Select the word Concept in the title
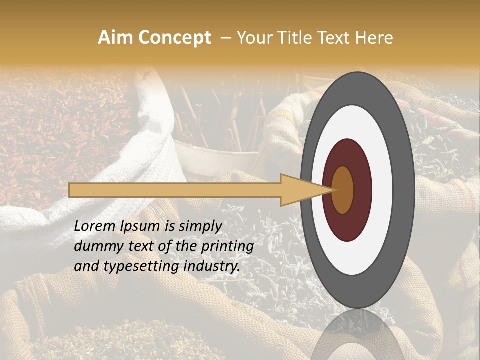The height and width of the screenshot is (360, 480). click(x=174, y=38)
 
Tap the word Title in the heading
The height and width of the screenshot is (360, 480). click(x=297, y=38)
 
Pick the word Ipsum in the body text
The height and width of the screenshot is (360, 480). click(x=140, y=226)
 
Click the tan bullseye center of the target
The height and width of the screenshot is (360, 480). click(x=343, y=190)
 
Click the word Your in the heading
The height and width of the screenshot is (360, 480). click(x=253, y=38)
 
